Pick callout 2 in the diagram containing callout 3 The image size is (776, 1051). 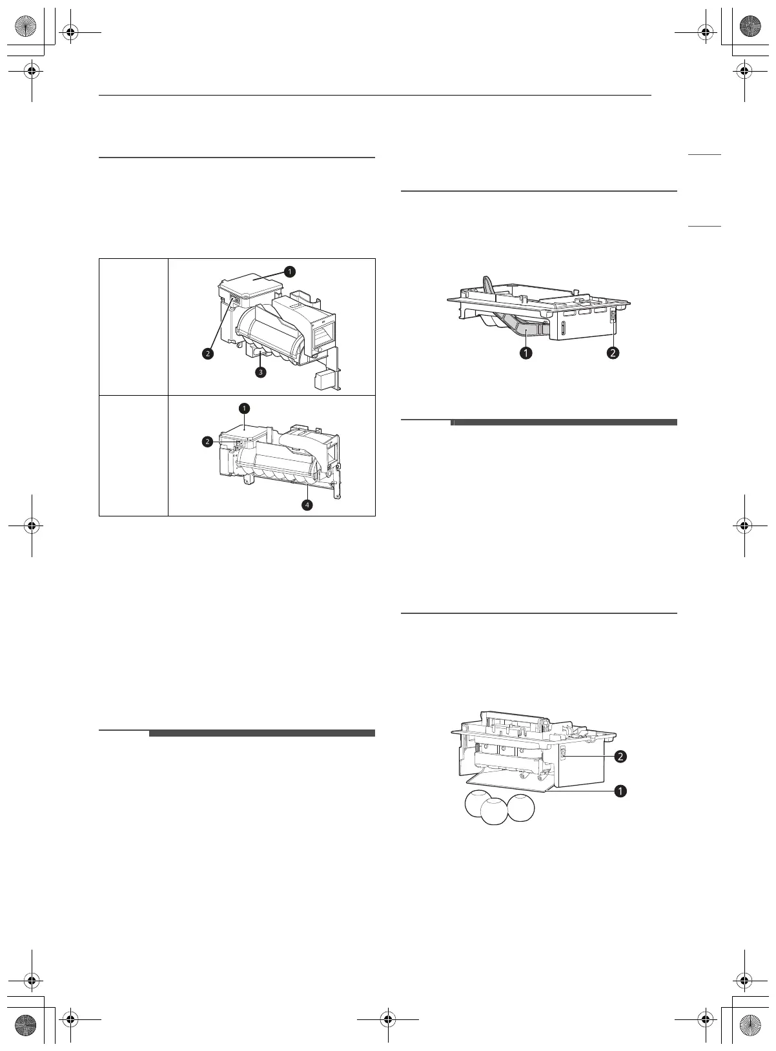coord(207,354)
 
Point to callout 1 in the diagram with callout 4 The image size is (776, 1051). coord(244,408)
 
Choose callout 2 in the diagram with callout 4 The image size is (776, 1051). coord(207,442)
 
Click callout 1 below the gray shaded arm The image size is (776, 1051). coord(527,353)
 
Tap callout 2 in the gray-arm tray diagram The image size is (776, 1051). coord(613,353)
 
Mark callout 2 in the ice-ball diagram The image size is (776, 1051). coord(620,757)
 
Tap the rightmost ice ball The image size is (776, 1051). coord(521,806)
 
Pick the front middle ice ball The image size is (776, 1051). coord(495,813)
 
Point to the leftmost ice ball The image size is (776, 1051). coord(478,804)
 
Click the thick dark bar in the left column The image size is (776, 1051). coord(261,733)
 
